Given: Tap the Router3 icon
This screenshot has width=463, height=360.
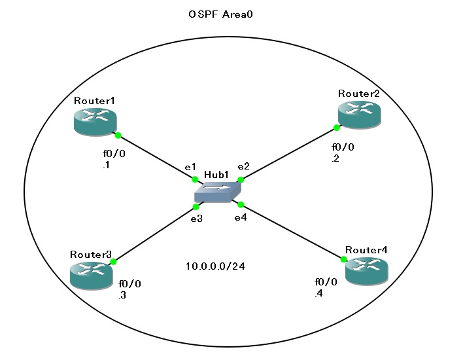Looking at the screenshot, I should point(91,273).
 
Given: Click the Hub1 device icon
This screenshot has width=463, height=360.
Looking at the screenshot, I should point(218,192).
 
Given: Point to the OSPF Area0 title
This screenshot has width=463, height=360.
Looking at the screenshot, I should point(216,14).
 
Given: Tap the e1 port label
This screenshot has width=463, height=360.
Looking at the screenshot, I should point(190,168).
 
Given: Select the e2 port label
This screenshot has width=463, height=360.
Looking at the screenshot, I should point(243,166).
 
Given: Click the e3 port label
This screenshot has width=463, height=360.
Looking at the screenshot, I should point(196,219).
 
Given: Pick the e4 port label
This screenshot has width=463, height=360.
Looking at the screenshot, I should point(241,217).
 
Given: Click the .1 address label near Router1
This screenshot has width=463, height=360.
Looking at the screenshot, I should point(105,166).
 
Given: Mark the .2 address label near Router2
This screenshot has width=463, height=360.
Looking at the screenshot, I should point(335,158).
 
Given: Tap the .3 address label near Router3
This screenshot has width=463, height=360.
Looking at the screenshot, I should point(122,296).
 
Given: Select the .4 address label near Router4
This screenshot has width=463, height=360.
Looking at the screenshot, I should point(318,294).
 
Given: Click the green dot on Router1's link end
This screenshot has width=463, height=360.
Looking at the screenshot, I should point(118,136).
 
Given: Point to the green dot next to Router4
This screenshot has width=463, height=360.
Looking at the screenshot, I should point(344,260).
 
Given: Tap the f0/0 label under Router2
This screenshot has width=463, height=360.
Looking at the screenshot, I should point(343,147).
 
